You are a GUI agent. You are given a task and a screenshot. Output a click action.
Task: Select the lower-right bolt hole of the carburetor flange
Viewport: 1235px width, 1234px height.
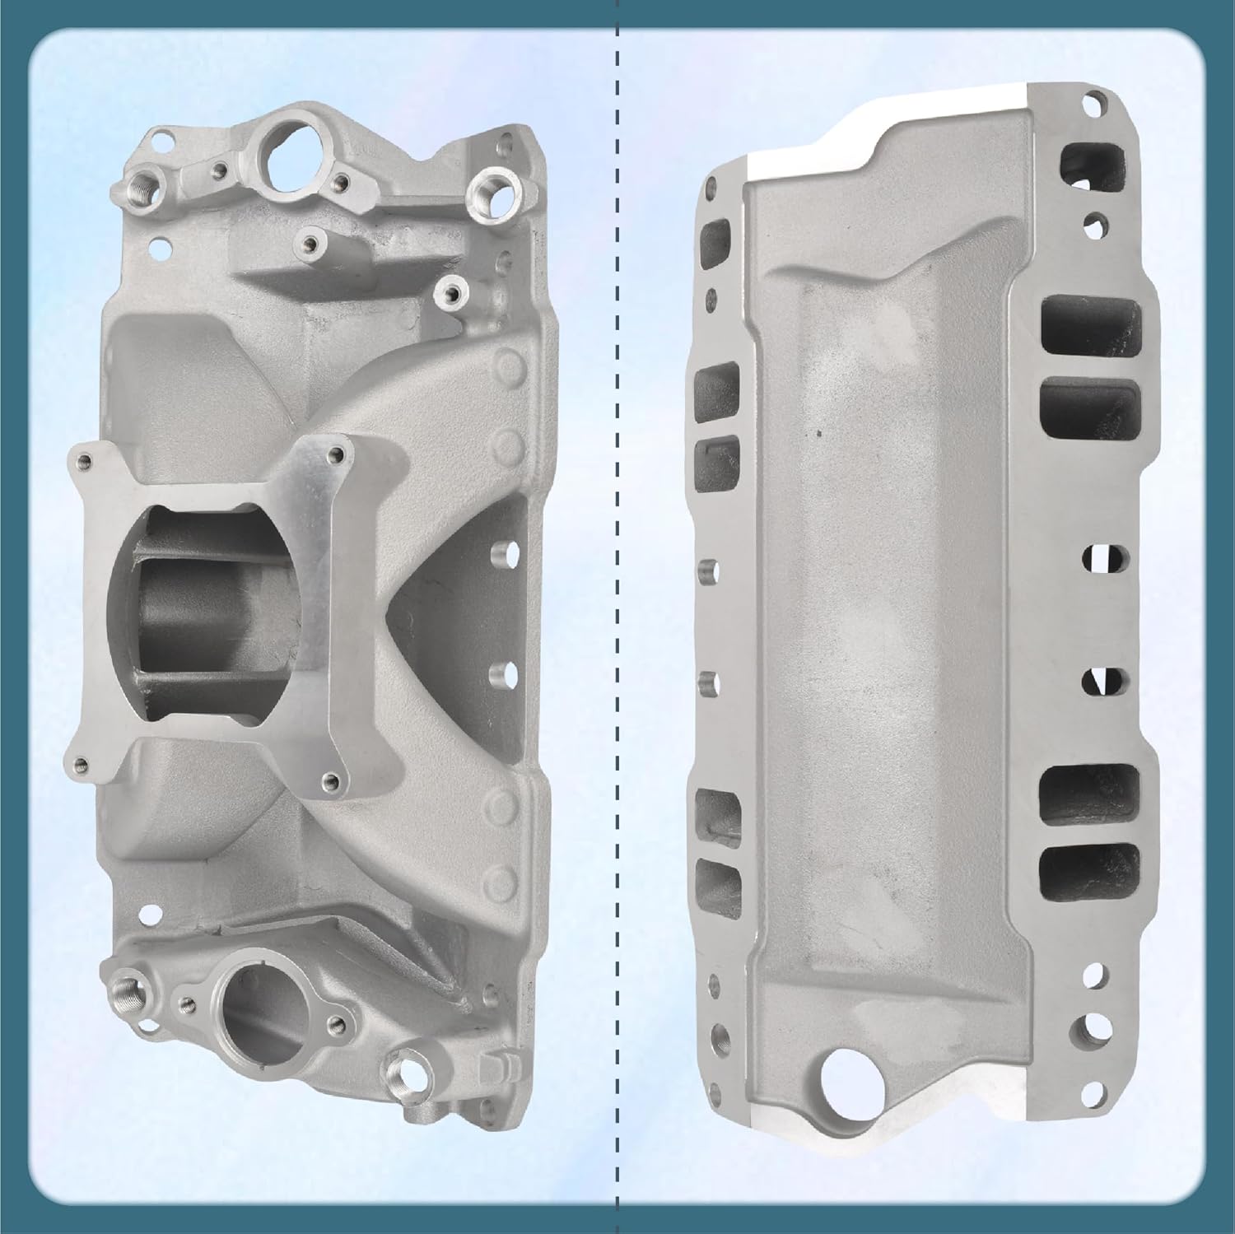click(330, 780)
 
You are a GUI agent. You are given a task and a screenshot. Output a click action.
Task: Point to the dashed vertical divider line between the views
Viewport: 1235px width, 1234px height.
click(617, 617)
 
